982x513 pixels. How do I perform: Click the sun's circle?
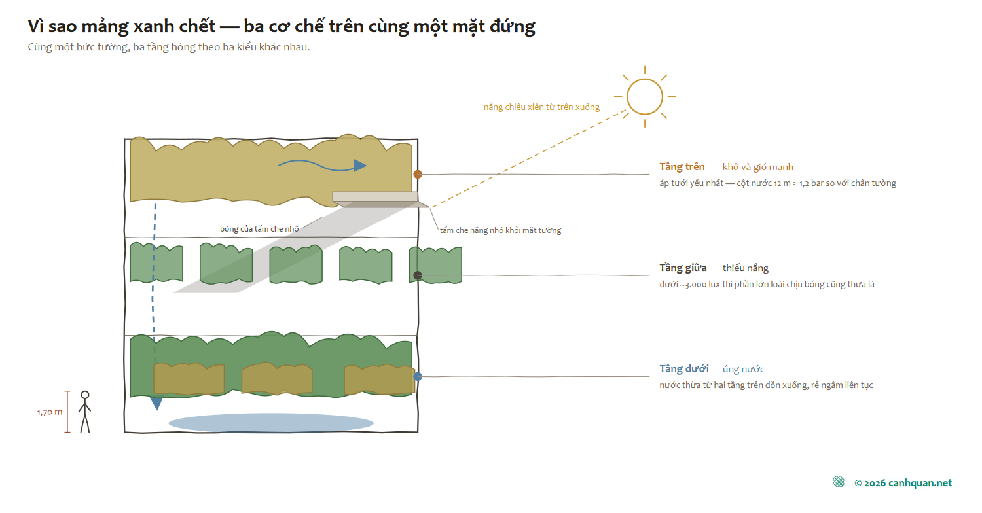tap(627, 96)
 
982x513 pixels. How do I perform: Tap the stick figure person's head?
tap(85, 395)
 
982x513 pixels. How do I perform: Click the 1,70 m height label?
tap(50, 412)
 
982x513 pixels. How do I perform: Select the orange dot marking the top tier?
tap(418, 174)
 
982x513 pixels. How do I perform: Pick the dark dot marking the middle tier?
tap(418, 275)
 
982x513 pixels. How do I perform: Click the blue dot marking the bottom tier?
tap(418, 376)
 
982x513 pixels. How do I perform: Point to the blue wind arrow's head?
tap(360, 166)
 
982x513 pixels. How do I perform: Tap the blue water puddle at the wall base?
tap(271, 423)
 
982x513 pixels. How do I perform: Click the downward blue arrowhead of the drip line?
tap(156, 403)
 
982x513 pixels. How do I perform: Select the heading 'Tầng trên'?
tap(682, 167)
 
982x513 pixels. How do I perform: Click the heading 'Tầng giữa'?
tap(683, 268)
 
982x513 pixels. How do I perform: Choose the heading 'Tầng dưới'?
tap(684, 369)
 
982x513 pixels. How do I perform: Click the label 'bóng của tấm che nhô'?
tap(259, 229)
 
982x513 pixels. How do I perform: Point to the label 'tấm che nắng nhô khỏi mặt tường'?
tap(500, 230)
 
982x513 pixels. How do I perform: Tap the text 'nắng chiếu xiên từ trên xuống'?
tap(541, 107)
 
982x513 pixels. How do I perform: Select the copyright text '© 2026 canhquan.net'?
tap(903, 483)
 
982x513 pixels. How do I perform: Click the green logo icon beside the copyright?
tap(839, 482)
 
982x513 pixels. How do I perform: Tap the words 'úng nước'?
tap(743, 369)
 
